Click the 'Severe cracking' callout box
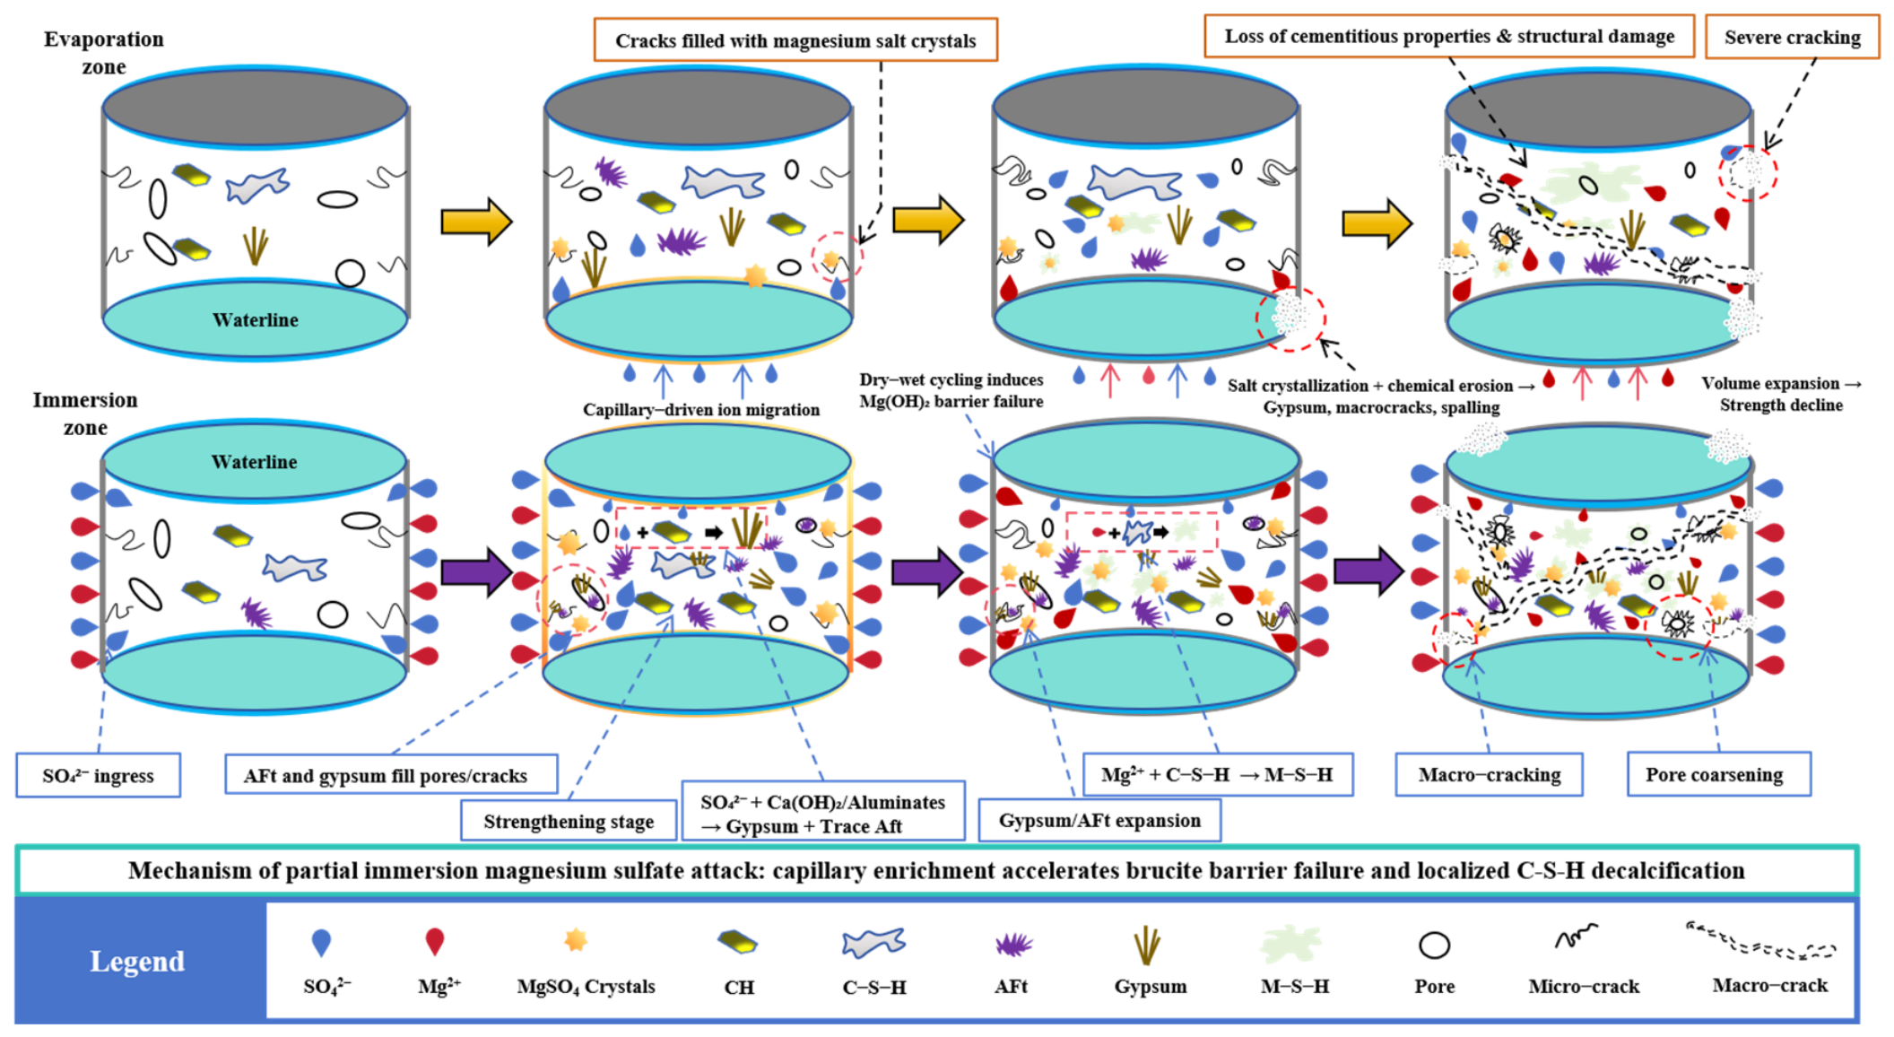coord(1792,38)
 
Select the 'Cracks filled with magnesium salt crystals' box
coord(795,40)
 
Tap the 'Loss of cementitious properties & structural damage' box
coord(1449,37)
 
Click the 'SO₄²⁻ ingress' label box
coord(98,775)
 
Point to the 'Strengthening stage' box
coord(569,821)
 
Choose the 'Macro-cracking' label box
coord(1489,774)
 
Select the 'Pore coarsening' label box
coord(1718,774)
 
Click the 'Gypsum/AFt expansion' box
coord(1099,820)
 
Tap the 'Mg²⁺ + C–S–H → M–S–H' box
coord(1218,774)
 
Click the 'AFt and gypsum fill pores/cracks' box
coord(390,775)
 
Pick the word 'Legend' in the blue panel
coord(137,961)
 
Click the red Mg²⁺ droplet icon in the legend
coord(435,942)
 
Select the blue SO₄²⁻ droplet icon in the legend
coord(321,942)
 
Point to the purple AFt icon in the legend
coord(1014,944)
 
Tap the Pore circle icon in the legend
coord(1434,945)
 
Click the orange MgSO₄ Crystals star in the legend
coord(576,940)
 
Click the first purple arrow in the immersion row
coord(476,571)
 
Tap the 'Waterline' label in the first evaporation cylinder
coord(256,320)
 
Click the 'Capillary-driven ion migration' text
coord(701,410)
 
